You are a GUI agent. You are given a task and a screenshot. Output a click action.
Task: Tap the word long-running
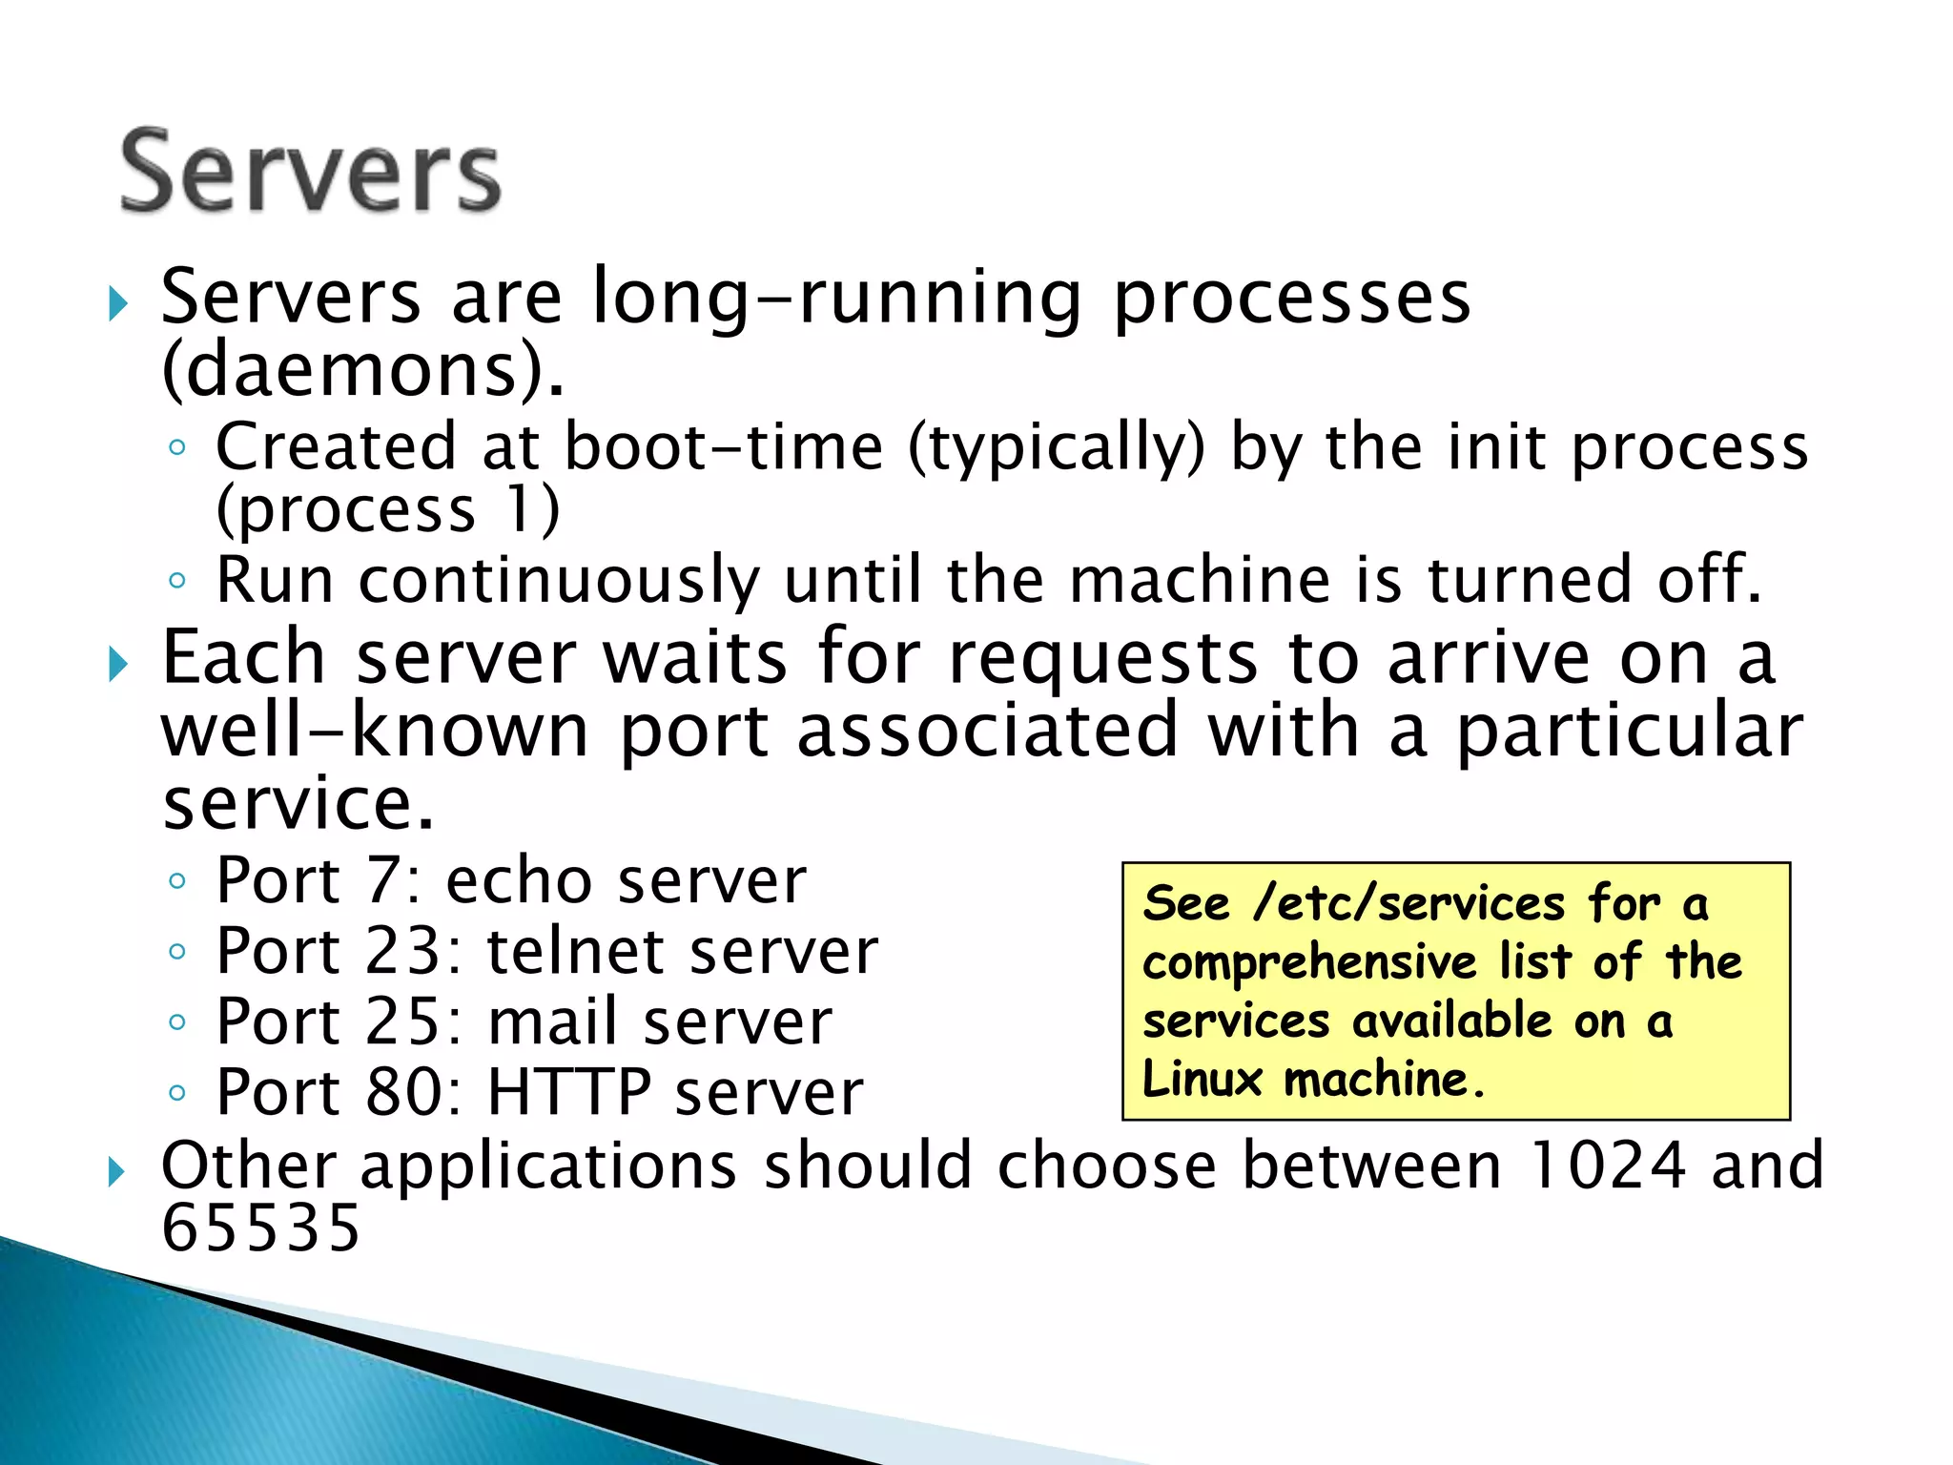tap(837, 298)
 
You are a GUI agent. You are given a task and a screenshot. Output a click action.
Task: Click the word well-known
tap(375, 731)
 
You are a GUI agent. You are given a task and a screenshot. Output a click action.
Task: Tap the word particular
tap(1630, 731)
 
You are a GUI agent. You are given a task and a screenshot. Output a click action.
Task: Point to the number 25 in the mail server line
tap(404, 1021)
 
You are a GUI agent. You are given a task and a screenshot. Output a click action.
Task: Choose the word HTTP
tap(568, 1092)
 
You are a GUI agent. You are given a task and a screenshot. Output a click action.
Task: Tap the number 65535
tap(260, 1228)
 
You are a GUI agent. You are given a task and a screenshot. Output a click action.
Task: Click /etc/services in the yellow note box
tap(1409, 902)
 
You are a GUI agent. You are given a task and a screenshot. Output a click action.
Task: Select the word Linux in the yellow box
tap(1202, 1080)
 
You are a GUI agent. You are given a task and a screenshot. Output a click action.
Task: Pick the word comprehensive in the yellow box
tap(1309, 962)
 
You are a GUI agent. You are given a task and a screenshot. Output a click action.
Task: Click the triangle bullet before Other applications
tap(116, 1170)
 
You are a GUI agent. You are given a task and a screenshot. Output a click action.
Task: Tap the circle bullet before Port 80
tap(176, 1093)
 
